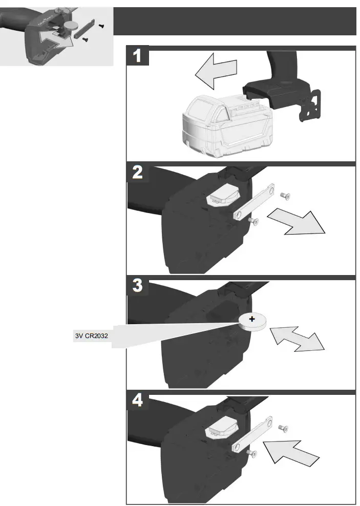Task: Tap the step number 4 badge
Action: click(x=138, y=401)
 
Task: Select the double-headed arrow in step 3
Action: click(x=297, y=338)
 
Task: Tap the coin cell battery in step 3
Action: click(x=252, y=322)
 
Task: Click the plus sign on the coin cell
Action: click(x=252, y=320)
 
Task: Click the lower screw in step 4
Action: click(x=251, y=453)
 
